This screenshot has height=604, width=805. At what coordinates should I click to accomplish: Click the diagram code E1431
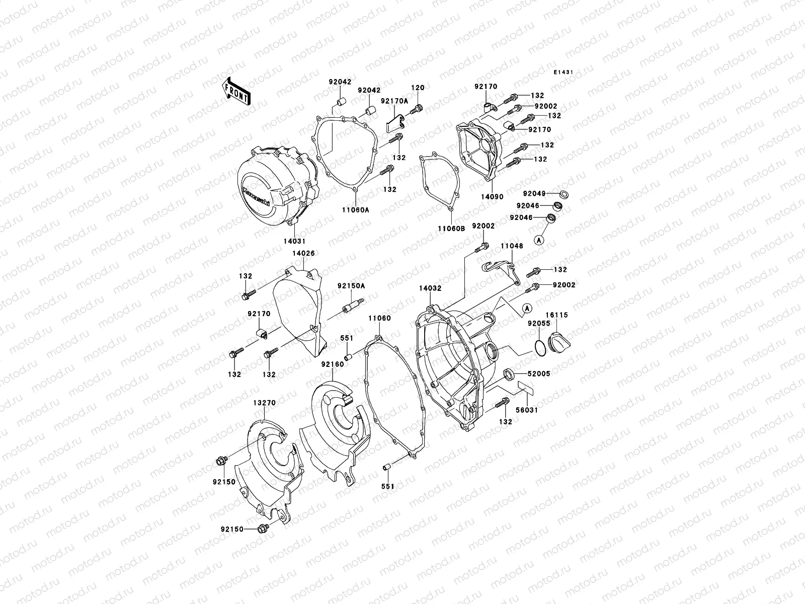[x=564, y=72]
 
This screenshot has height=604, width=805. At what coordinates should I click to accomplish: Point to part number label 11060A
[x=356, y=210]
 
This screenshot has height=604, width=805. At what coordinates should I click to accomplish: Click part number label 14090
[x=492, y=197]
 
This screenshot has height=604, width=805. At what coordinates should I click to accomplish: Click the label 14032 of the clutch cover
[x=430, y=289]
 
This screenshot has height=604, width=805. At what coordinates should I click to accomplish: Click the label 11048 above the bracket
[x=511, y=246]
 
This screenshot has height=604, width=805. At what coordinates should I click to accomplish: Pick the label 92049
[x=533, y=193]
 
